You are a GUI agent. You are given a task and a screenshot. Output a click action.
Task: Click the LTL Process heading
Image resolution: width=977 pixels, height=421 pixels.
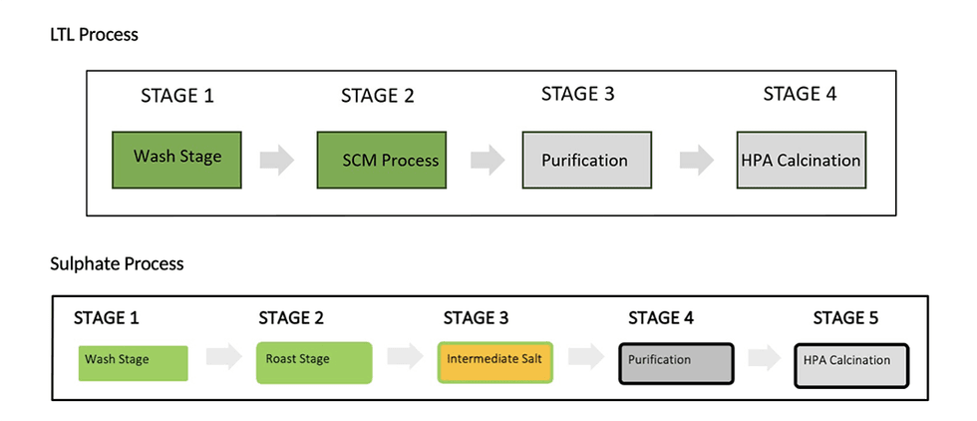[94, 35]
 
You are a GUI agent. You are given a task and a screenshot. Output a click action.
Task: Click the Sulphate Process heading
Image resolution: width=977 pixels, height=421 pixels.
[117, 264]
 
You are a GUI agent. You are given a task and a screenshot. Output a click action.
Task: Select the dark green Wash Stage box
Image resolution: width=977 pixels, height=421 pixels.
[177, 159]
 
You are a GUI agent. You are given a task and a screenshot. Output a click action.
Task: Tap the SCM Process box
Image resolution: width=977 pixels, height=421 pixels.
[379, 159]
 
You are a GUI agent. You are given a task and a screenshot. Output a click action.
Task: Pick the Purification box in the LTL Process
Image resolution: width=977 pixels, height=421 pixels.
[584, 159]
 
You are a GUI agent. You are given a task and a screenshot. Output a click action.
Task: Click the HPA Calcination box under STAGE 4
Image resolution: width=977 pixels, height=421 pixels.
[801, 159]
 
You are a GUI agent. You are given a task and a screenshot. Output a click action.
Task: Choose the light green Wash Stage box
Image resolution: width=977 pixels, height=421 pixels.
[133, 362]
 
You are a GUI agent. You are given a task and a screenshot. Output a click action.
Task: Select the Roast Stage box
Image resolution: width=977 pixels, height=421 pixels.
[314, 362]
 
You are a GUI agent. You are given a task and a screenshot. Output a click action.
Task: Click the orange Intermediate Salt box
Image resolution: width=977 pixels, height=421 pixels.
[494, 362]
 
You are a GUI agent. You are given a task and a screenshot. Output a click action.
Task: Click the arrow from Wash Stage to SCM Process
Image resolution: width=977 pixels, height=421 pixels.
[276, 160]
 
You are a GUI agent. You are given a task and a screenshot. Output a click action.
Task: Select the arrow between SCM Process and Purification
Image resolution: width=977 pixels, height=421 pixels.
[487, 160]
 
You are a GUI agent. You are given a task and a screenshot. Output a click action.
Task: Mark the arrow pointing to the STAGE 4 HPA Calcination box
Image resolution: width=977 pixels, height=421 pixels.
[696, 160]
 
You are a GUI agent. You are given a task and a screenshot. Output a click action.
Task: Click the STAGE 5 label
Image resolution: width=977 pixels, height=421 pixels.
[846, 318]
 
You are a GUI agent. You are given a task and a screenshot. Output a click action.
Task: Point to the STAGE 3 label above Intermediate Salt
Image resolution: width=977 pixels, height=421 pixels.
[476, 318]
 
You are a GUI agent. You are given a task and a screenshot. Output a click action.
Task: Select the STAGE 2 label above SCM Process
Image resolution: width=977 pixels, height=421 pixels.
[377, 96]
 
